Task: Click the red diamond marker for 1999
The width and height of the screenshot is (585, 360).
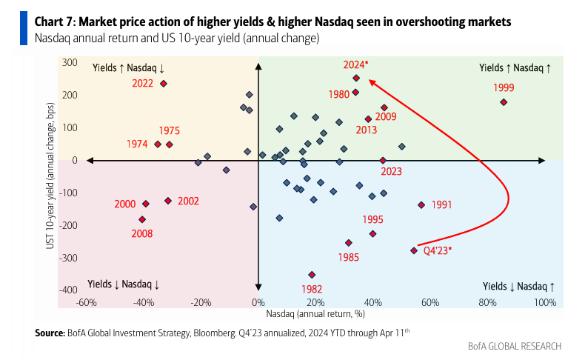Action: pyautogui.click(x=504, y=102)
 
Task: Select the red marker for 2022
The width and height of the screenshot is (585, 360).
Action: pyautogui.click(x=164, y=84)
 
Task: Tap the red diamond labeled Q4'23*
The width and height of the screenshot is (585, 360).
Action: pyautogui.click(x=414, y=250)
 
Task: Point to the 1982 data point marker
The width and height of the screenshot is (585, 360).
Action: pyautogui.click(x=312, y=275)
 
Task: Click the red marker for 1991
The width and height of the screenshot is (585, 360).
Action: pyautogui.click(x=421, y=204)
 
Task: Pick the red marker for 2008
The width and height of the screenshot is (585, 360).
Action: pyautogui.click(x=142, y=219)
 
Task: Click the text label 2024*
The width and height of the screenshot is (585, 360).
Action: pyautogui.click(x=355, y=64)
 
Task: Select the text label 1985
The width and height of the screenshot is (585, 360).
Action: pyautogui.click(x=348, y=257)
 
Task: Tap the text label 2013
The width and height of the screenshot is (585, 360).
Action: pyautogui.click(x=366, y=130)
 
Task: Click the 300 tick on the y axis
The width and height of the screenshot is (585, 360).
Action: pyautogui.click(x=70, y=63)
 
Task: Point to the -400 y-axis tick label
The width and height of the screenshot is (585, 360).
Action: pyautogui.click(x=68, y=290)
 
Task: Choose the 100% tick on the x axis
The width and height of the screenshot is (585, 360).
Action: pyautogui.click(x=545, y=302)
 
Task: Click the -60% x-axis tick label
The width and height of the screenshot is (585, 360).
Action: pyautogui.click(x=87, y=302)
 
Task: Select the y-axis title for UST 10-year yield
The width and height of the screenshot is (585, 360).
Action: pyautogui.click(x=51, y=177)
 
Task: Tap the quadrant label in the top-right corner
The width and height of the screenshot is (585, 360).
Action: pyautogui.click(x=515, y=67)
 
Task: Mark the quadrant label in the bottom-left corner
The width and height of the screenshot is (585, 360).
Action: pyautogui.click(x=124, y=284)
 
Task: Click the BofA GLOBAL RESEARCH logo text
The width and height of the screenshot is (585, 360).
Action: pyautogui.click(x=515, y=346)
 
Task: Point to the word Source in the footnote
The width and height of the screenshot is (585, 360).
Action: pyautogui.click(x=50, y=333)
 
